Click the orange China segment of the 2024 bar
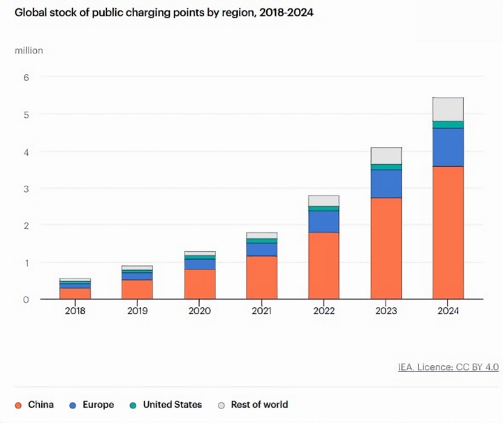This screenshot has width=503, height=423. (448, 232)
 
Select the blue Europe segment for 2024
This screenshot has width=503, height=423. (448, 147)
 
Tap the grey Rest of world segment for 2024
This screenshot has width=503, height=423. (448, 109)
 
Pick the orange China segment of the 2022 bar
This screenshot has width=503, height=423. (323, 265)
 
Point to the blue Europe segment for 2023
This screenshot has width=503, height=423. (386, 184)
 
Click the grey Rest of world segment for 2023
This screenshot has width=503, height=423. (386, 155)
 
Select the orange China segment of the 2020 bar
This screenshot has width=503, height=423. (200, 284)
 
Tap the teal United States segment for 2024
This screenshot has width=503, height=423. (448, 124)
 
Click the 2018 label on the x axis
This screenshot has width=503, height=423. (75, 311)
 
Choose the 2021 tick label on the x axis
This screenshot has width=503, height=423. (261, 311)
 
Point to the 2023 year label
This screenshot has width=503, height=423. (386, 311)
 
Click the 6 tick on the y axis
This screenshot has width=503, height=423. (27, 77)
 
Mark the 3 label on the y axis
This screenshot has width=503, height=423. (27, 188)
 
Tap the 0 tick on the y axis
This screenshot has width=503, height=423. (27, 299)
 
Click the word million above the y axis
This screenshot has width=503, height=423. (29, 50)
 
